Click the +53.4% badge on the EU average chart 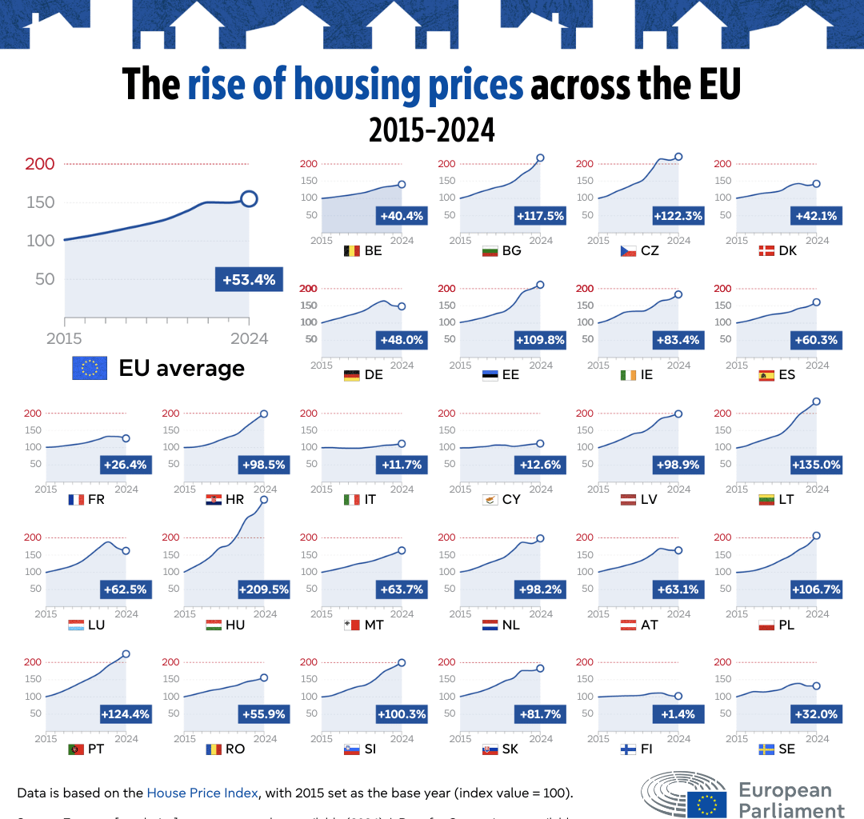point(249,280)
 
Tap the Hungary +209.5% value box point(263,589)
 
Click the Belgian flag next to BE point(351,250)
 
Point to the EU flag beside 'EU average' point(90,368)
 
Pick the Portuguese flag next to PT point(77,749)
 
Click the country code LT point(786,500)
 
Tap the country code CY point(512,500)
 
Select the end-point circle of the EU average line point(249,199)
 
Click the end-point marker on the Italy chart point(402,444)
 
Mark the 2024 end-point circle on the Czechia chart point(678,157)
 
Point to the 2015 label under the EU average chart point(64,338)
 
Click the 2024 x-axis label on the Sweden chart point(817,739)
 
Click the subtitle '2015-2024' point(432,130)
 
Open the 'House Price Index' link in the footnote point(202,793)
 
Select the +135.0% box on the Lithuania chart point(815,465)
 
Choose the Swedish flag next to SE point(766,749)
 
